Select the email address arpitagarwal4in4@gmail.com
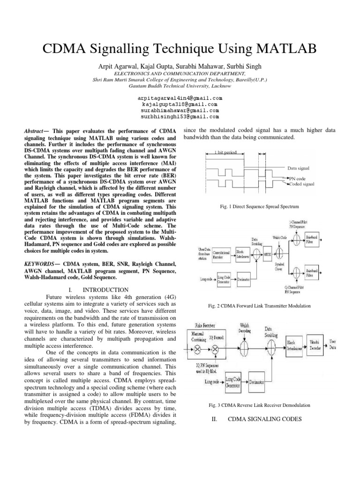[x=180, y=97]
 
